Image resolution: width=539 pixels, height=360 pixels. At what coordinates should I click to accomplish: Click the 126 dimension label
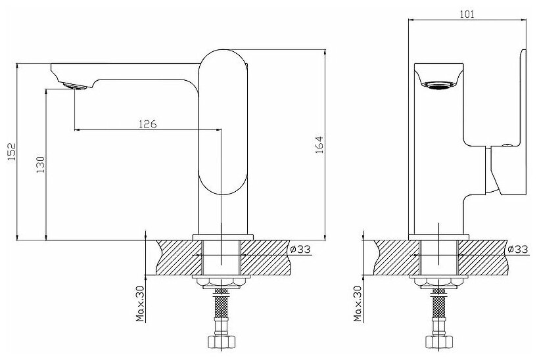[x=147, y=124]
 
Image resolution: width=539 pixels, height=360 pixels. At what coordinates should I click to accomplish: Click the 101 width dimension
[x=468, y=12]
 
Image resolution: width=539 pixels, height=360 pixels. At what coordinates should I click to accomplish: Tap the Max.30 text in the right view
[x=356, y=303]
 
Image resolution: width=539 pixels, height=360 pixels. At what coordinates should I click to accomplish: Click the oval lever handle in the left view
[x=223, y=123]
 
